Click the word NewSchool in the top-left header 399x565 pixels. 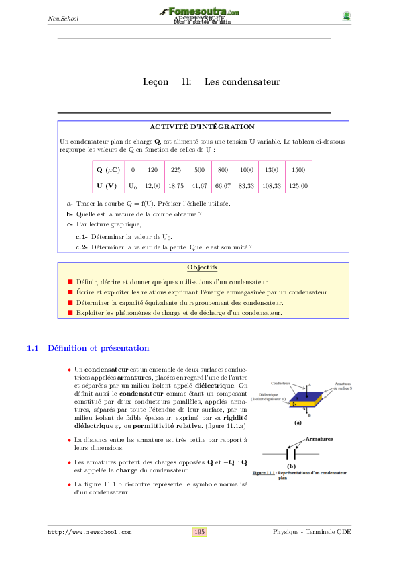tap(63, 18)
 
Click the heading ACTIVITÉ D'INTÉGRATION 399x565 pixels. tap(202, 126)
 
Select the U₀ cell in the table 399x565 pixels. tap(133, 186)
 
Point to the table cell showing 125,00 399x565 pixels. tap(298, 186)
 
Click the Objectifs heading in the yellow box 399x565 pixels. tap(202, 268)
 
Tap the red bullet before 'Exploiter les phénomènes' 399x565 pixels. tap(70, 313)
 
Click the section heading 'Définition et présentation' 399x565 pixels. tap(99, 348)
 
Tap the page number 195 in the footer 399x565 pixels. tap(199, 532)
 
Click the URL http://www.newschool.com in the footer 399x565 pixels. tap(89, 532)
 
